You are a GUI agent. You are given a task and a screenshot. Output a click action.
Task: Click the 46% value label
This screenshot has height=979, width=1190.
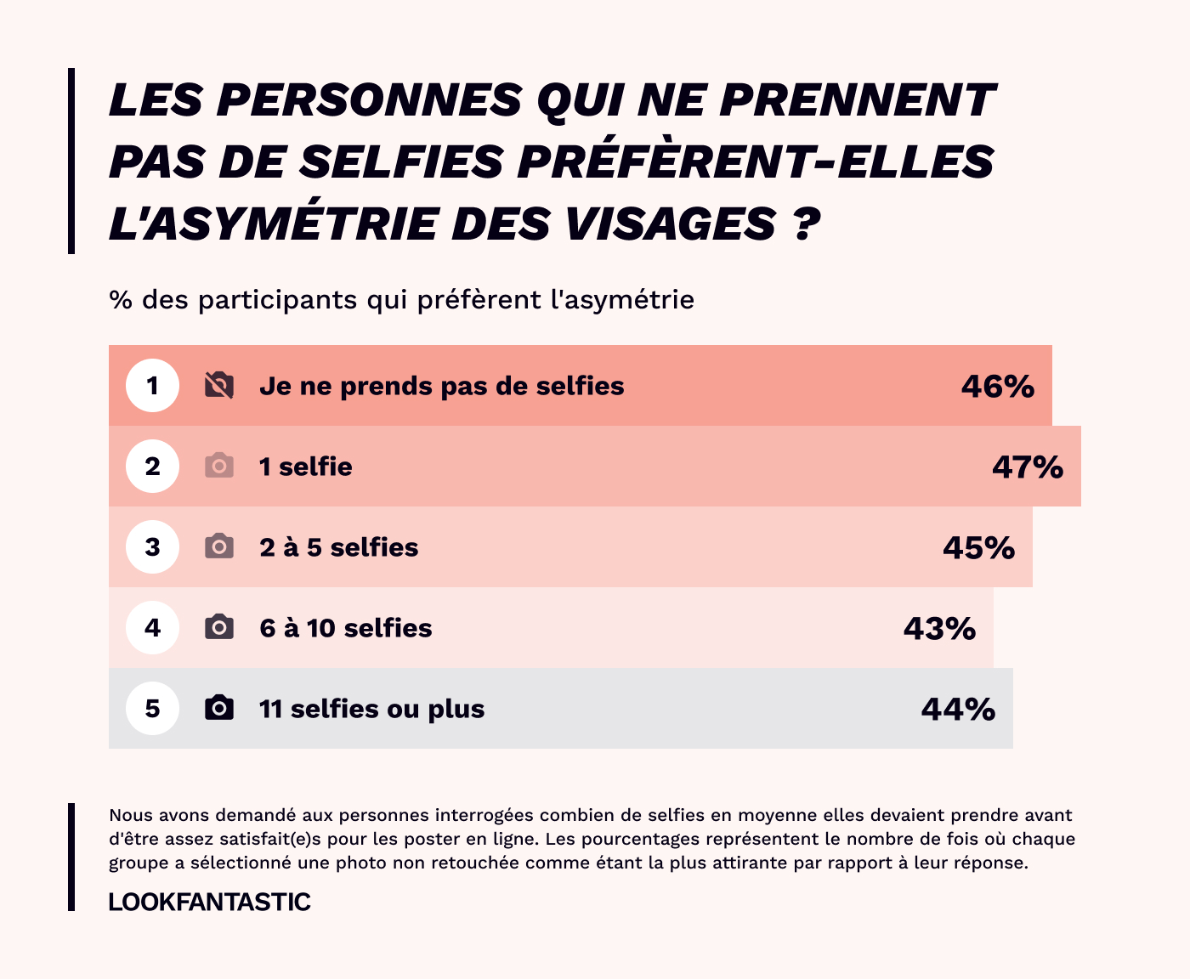(998, 387)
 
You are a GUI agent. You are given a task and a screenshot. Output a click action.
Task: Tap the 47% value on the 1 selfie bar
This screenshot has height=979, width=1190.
(1028, 467)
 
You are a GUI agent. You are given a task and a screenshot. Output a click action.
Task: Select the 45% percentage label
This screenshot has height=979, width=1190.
(978, 548)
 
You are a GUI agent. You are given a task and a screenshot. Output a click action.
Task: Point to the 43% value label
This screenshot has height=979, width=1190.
(939, 629)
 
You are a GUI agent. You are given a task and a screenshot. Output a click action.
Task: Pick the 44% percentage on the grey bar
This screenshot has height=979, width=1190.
(958, 710)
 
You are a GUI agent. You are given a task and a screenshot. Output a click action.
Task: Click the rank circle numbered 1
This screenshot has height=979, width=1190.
(153, 386)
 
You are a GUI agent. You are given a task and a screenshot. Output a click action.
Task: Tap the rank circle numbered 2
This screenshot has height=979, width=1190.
(153, 467)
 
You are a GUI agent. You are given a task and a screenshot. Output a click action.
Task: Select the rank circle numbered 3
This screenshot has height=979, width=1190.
(153, 547)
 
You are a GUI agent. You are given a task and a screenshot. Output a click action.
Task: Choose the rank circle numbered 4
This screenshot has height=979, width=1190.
(153, 628)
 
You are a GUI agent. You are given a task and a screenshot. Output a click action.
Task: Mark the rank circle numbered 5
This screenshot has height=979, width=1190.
(153, 709)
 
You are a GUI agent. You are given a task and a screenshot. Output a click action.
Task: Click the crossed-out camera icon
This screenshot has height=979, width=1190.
(219, 386)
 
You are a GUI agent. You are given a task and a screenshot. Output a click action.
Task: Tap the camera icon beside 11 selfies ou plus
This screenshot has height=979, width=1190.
(219, 708)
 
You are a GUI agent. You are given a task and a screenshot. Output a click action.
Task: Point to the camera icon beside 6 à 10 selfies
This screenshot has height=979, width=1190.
(219, 627)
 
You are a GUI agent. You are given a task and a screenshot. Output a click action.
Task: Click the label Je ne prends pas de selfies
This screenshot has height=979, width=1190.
(442, 387)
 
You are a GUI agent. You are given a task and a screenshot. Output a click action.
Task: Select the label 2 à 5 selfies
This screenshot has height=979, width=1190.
(339, 547)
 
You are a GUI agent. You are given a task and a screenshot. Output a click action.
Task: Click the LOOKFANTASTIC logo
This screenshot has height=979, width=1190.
(210, 902)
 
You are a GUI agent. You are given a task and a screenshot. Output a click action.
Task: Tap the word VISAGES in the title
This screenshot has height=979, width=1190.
(670, 224)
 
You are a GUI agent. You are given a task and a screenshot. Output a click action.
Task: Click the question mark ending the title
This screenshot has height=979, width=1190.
(807, 224)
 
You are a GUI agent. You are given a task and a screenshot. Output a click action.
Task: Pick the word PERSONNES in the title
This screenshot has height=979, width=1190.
(369, 100)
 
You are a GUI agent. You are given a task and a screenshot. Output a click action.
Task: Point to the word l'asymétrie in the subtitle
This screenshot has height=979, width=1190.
(622, 300)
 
